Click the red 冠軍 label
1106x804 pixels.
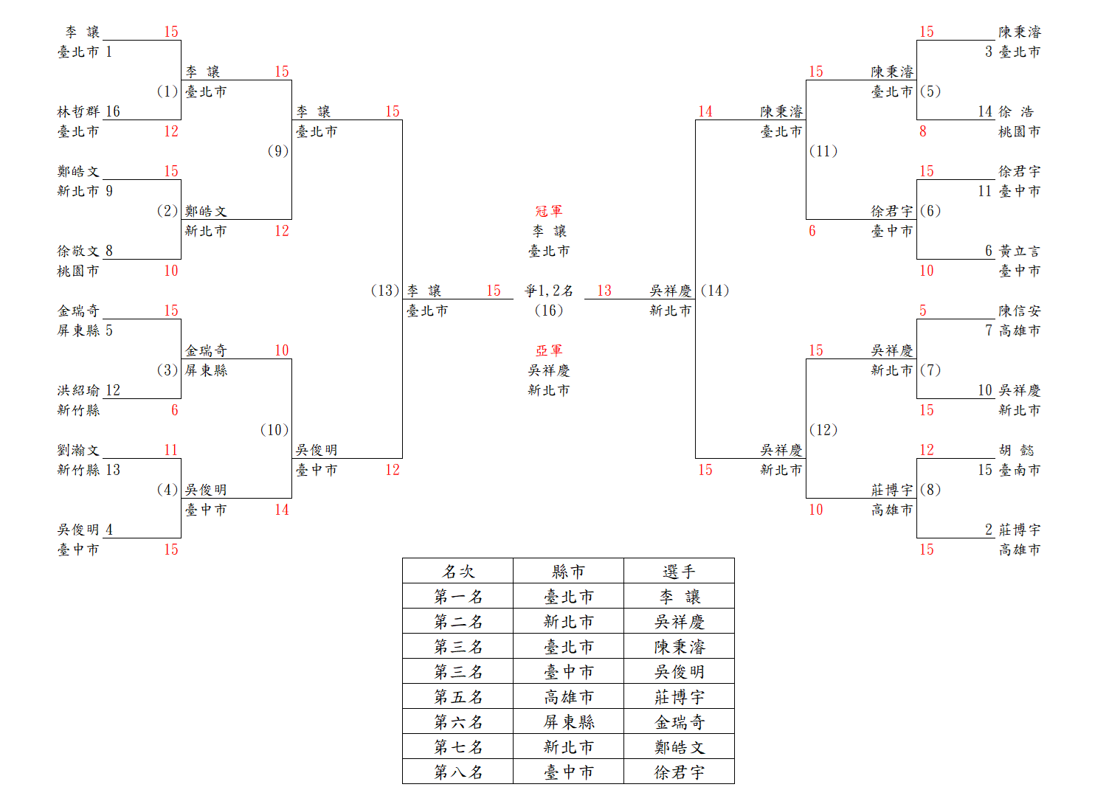point(549,211)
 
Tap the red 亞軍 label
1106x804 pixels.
point(549,350)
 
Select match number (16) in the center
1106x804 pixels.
point(549,311)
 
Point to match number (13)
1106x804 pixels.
point(385,291)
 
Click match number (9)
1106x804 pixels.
point(277,151)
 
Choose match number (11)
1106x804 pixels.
point(823,151)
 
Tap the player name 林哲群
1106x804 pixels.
point(78,111)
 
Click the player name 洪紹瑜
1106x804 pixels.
point(78,390)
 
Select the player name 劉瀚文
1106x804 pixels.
point(78,450)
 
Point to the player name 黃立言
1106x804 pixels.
point(1020,251)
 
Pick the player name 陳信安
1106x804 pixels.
point(1020,311)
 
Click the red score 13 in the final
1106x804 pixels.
point(604,291)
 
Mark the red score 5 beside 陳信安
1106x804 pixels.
point(923,311)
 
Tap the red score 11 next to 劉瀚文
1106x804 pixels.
point(171,450)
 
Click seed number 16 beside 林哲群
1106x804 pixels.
point(113,111)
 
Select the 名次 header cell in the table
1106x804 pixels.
point(458,571)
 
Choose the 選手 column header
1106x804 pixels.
point(679,571)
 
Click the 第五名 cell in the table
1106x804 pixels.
point(458,696)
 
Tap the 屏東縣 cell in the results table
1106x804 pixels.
point(569,721)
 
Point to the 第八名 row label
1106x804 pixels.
point(458,772)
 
